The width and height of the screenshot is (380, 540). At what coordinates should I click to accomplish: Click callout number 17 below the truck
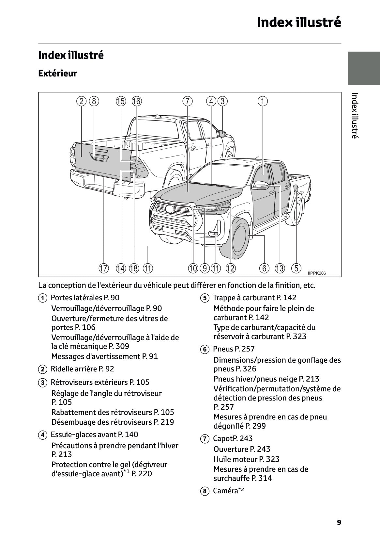[103, 269]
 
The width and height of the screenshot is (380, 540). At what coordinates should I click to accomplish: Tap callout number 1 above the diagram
[263, 101]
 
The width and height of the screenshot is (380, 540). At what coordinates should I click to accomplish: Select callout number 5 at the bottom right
[296, 269]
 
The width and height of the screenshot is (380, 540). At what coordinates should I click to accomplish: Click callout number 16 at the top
[137, 101]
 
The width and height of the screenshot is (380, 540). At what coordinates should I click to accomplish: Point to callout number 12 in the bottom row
[230, 269]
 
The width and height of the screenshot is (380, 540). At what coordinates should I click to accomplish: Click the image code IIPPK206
[317, 273]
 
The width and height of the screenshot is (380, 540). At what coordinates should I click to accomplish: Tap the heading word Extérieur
[58, 73]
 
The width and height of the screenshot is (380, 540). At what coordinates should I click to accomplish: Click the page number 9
[339, 522]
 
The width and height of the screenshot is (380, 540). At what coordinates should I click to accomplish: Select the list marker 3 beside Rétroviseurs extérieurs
[42, 383]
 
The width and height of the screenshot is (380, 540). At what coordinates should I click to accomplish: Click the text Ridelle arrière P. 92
[82, 369]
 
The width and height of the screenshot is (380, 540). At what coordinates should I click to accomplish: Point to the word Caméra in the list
[225, 491]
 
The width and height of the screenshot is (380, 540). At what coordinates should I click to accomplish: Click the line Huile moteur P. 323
[246, 459]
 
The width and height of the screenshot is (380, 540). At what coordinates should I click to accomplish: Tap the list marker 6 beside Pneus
[204, 350]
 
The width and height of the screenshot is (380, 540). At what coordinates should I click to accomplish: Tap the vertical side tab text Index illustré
[355, 116]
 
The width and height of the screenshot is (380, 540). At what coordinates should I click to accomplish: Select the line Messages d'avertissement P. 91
[104, 356]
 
